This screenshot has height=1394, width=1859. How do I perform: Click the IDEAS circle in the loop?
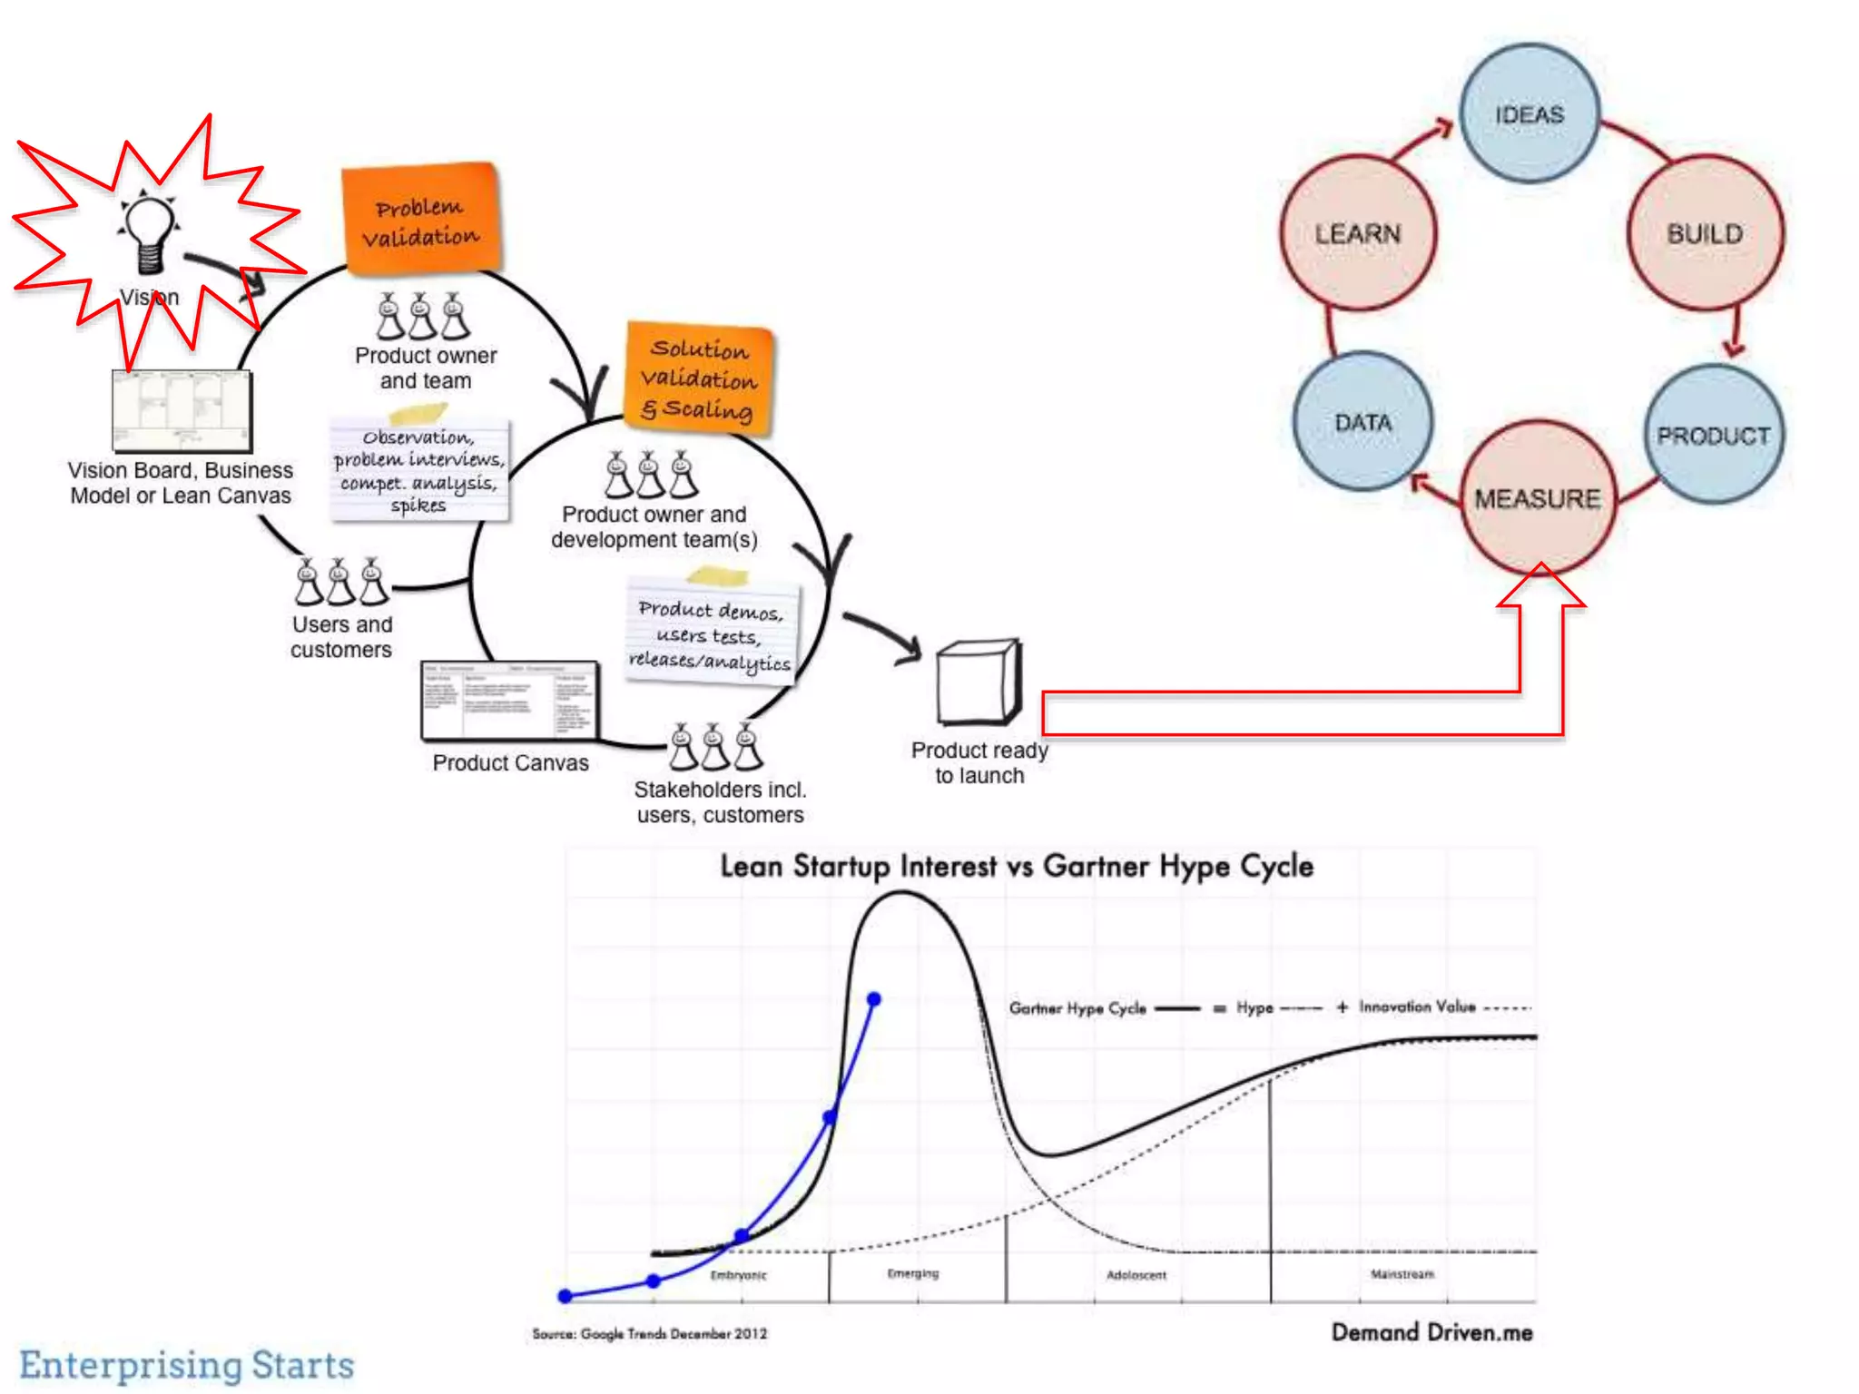1529,114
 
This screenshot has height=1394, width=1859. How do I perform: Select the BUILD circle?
1705,233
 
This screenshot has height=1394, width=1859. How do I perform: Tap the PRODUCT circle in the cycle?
1714,435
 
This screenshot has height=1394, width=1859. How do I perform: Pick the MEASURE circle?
1538,497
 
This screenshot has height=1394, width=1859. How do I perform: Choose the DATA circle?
1362,422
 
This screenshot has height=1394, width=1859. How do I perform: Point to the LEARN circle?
1358,233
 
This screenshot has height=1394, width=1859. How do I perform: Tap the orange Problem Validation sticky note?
421,220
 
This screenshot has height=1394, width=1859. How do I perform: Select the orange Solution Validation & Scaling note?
698,378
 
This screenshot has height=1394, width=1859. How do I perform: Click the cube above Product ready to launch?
979,682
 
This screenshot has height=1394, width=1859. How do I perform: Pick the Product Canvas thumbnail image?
509,701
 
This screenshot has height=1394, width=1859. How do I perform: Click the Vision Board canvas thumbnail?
182,410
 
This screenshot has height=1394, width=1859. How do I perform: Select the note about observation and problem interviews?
418,470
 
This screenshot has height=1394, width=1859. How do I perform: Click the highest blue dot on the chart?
873,999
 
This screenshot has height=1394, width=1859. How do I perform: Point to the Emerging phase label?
913,1273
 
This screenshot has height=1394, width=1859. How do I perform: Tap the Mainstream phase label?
1402,1274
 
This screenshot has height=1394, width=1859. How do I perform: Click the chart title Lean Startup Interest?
1017,866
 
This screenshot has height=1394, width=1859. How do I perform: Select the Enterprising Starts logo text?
187,1364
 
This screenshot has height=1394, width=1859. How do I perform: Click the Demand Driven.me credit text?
1431,1332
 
